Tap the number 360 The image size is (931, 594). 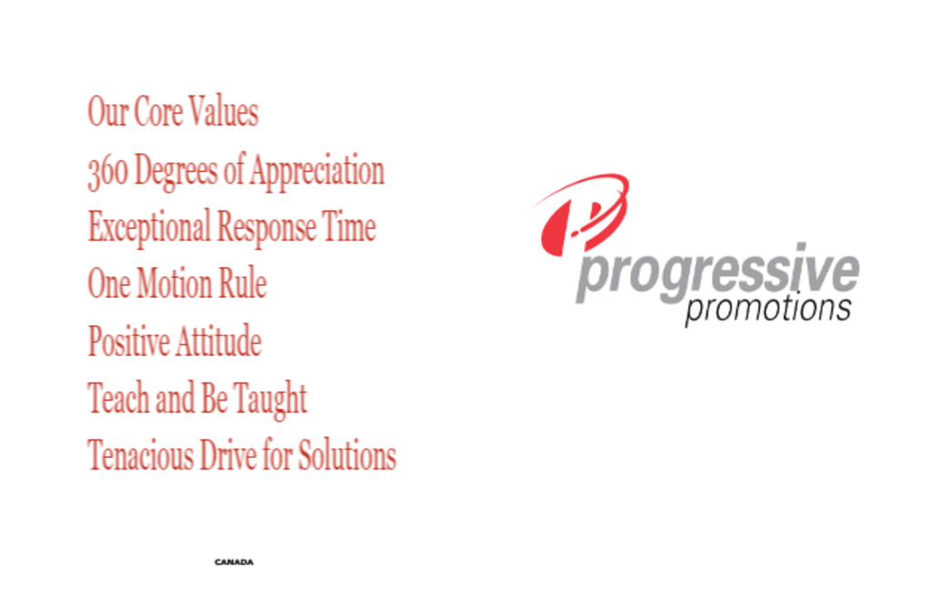(x=107, y=172)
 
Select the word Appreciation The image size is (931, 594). (x=317, y=172)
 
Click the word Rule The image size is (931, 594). (x=243, y=282)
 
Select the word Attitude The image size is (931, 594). (x=218, y=341)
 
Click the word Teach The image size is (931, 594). (x=119, y=398)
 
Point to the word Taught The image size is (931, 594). (x=270, y=400)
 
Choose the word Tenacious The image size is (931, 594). (x=141, y=455)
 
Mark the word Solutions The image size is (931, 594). (x=346, y=455)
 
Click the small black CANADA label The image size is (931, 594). (x=234, y=562)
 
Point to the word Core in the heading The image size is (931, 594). (x=158, y=112)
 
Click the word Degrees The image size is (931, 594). (x=175, y=172)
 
